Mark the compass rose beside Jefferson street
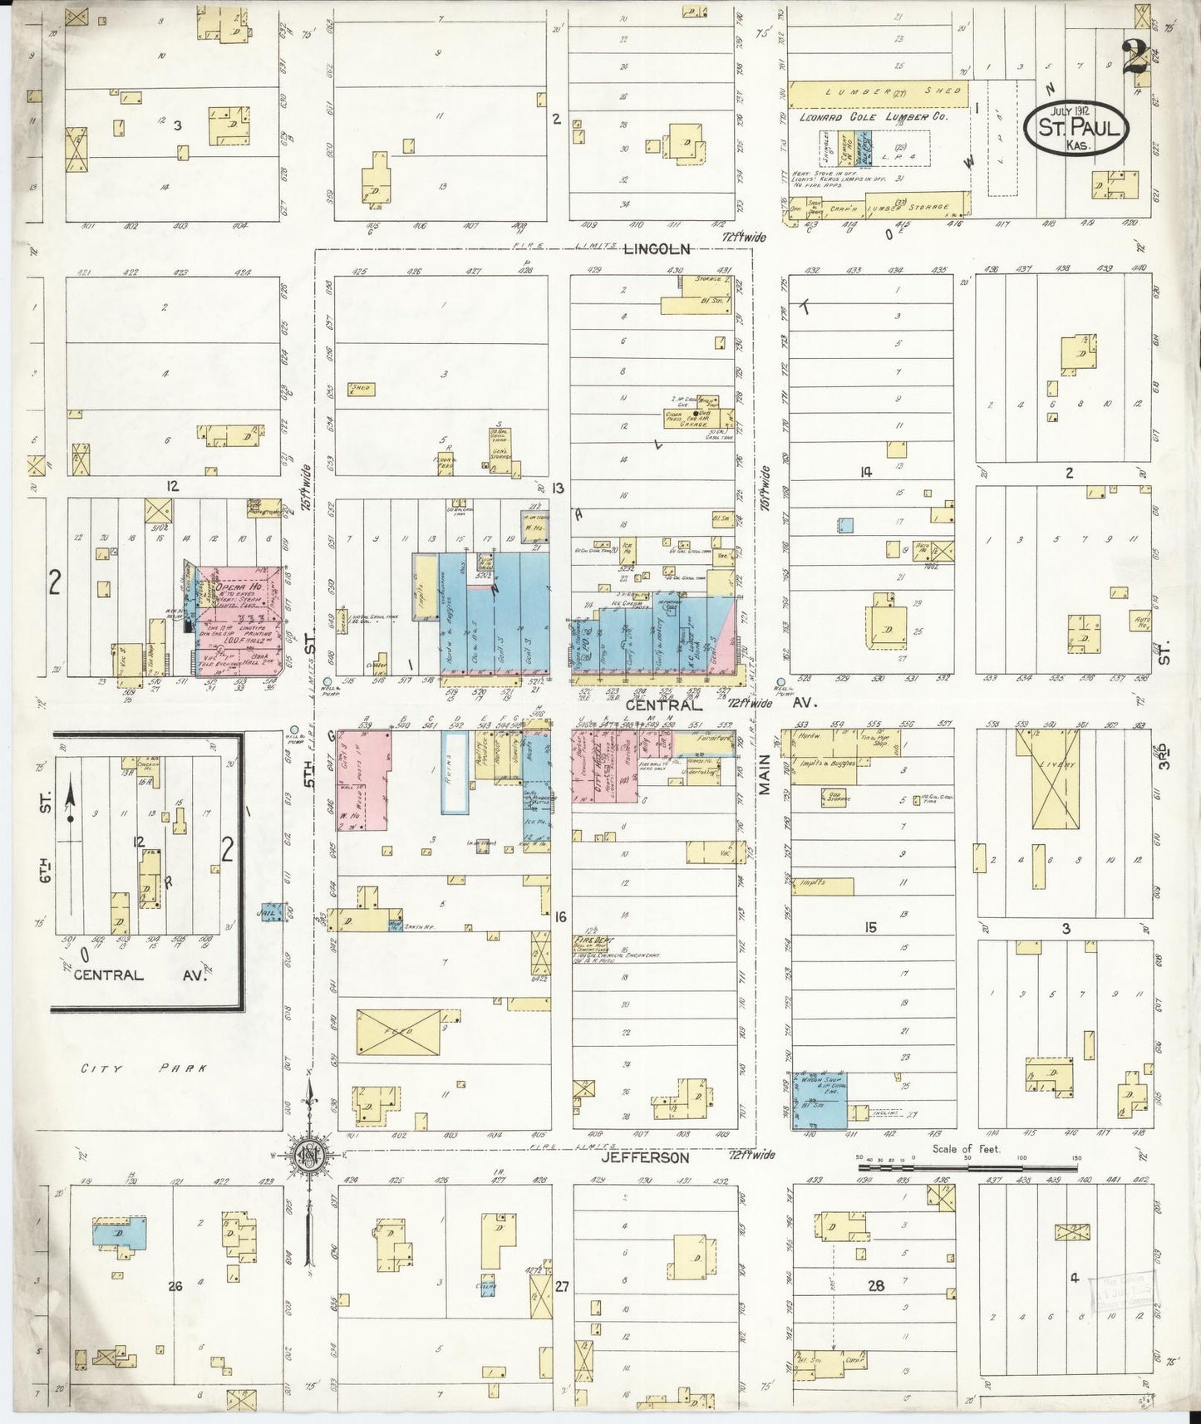point(308,1155)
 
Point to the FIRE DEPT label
point(588,938)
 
